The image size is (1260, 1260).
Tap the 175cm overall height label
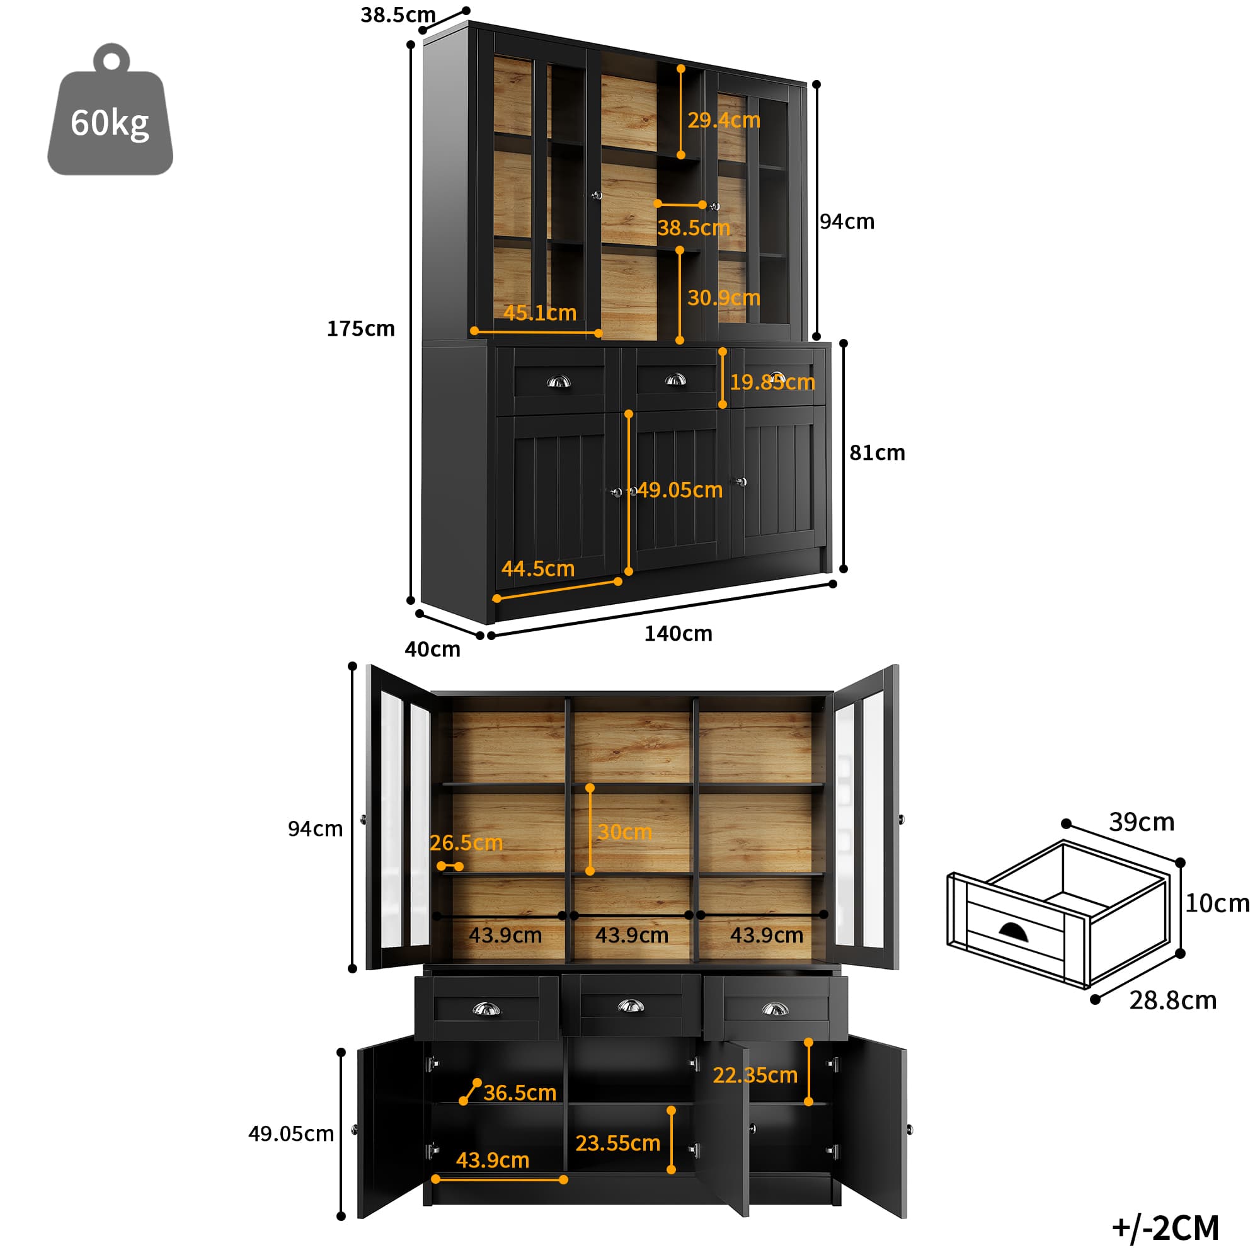click(x=360, y=329)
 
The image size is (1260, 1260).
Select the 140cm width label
click(x=679, y=633)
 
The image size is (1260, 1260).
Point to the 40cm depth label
click(x=432, y=649)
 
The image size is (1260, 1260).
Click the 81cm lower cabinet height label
click(x=876, y=452)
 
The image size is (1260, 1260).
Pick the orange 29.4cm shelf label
click(x=724, y=120)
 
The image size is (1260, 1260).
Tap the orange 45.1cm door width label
click(x=540, y=313)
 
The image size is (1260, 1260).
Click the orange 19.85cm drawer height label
click(x=772, y=382)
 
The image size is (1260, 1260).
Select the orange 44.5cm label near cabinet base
click(x=538, y=569)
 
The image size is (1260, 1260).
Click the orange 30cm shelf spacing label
click(x=625, y=832)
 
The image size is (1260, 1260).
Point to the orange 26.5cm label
click(x=466, y=842)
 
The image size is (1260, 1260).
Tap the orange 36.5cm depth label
click(x=520, y=1092)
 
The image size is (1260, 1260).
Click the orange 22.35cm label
click(x=755, y=1075)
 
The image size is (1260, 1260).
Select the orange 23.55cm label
click(x=617, y=1143)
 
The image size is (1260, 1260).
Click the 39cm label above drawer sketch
click(x=1142, y=822)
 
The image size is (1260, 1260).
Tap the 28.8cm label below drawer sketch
click(x=1172, y=1000)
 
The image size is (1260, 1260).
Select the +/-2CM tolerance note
click(x=1165, y=1228)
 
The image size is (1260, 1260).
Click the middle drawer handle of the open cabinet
click(x=631, y=1006)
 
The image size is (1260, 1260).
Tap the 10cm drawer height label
click(x=1217, y=903)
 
